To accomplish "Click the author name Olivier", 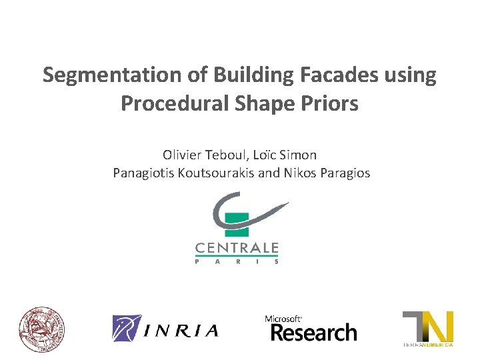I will point(182,155).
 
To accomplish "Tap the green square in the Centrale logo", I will point(237,225).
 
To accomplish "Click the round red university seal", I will point(42,329).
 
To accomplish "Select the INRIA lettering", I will point(182,330).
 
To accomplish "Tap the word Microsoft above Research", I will point(284,319).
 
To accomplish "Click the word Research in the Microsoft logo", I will point(313,332).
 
